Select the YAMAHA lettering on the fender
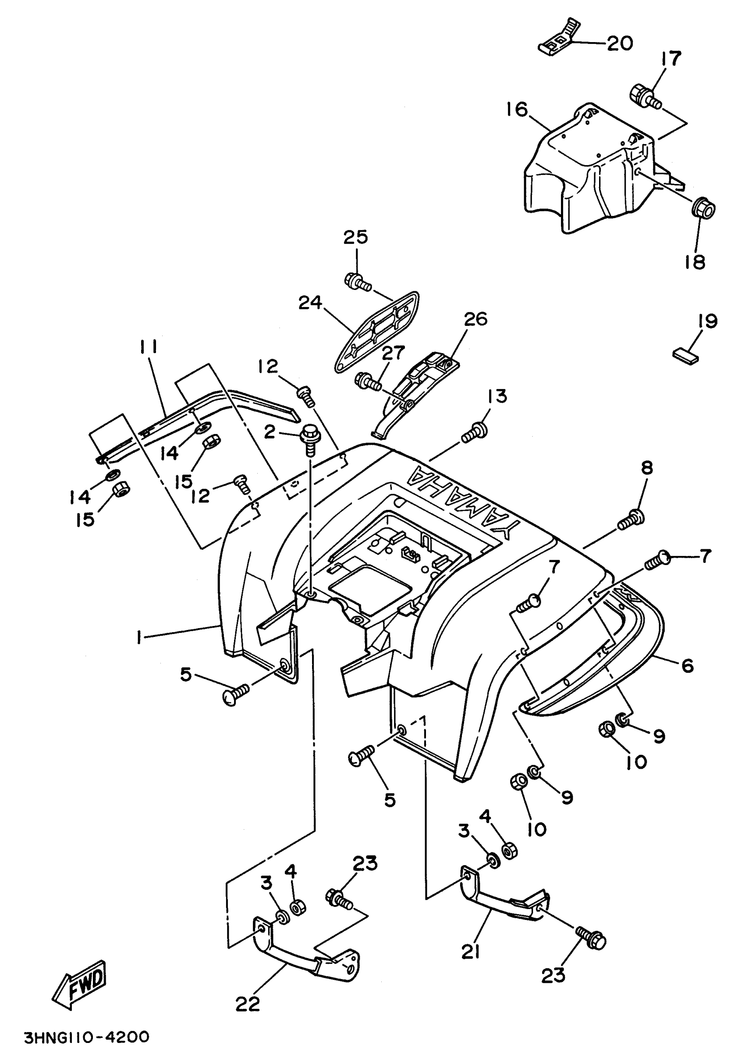(462, 502)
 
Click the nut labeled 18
(703, 208)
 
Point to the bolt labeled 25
(358, 282)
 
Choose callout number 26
(475, 319)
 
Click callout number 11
(147, 346)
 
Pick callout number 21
(471, 952)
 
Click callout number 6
(687, 665)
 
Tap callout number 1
(138, 638)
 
